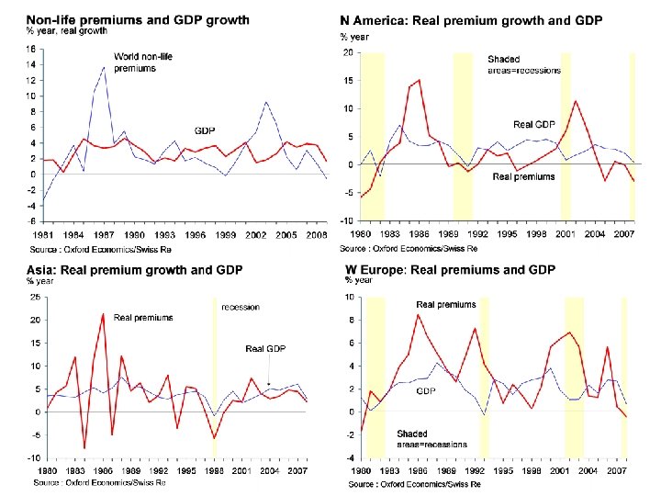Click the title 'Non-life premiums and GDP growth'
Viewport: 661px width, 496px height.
(x=124, y=20)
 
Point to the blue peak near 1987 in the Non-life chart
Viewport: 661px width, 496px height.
(x=104, y=68)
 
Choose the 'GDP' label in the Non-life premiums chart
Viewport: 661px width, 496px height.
(x=204, y=130)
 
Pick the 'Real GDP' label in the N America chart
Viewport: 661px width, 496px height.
(x=534, y=124)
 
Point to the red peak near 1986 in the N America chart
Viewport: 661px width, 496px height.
(x=420, y=80)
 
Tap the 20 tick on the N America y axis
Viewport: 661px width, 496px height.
(x=347, y=52)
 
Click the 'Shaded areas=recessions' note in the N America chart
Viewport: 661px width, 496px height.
(x=523, y=64)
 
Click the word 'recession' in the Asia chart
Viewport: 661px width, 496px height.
(x=241, y=307)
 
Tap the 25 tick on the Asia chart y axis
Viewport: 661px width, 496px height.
(x=34, y=297)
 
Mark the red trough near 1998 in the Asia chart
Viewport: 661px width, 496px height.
(x=214, y=437)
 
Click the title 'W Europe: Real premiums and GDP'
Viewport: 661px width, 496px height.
(x=450, y=270)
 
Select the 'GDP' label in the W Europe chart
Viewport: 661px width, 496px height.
(x=426, y=390)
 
